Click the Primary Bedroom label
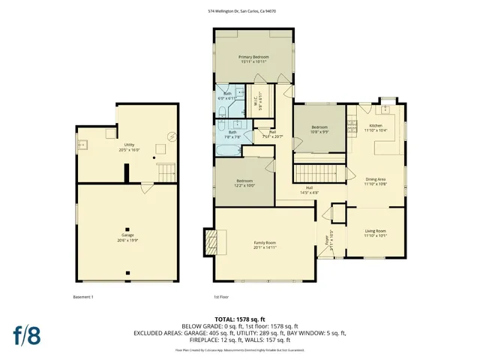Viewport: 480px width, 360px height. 253,59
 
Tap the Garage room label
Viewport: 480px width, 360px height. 127,237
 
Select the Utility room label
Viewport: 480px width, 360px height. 129,147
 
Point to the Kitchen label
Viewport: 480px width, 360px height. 376,127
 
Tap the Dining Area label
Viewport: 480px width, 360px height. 376,181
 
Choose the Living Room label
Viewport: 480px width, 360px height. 376,232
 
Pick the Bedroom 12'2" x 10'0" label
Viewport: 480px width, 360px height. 245,183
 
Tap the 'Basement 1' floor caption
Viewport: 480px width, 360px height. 83,297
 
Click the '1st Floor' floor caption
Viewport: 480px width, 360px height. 221,297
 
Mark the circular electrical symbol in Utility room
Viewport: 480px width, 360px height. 172,136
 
